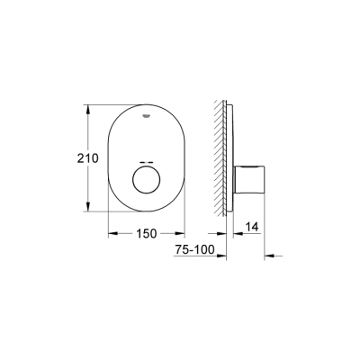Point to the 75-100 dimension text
pos(195,255)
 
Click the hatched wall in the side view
pos(219,157)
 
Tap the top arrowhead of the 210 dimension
pos(87,109)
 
